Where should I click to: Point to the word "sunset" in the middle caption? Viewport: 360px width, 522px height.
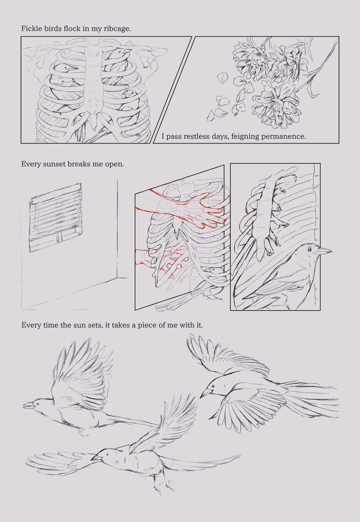coord(54,164)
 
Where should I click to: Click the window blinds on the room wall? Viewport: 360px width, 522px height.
coord(56,217)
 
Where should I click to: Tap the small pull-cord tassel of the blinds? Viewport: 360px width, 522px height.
coord(35,228)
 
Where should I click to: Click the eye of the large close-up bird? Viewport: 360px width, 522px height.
coord(309,249)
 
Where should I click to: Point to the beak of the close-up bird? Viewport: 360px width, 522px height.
coord(323,251)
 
